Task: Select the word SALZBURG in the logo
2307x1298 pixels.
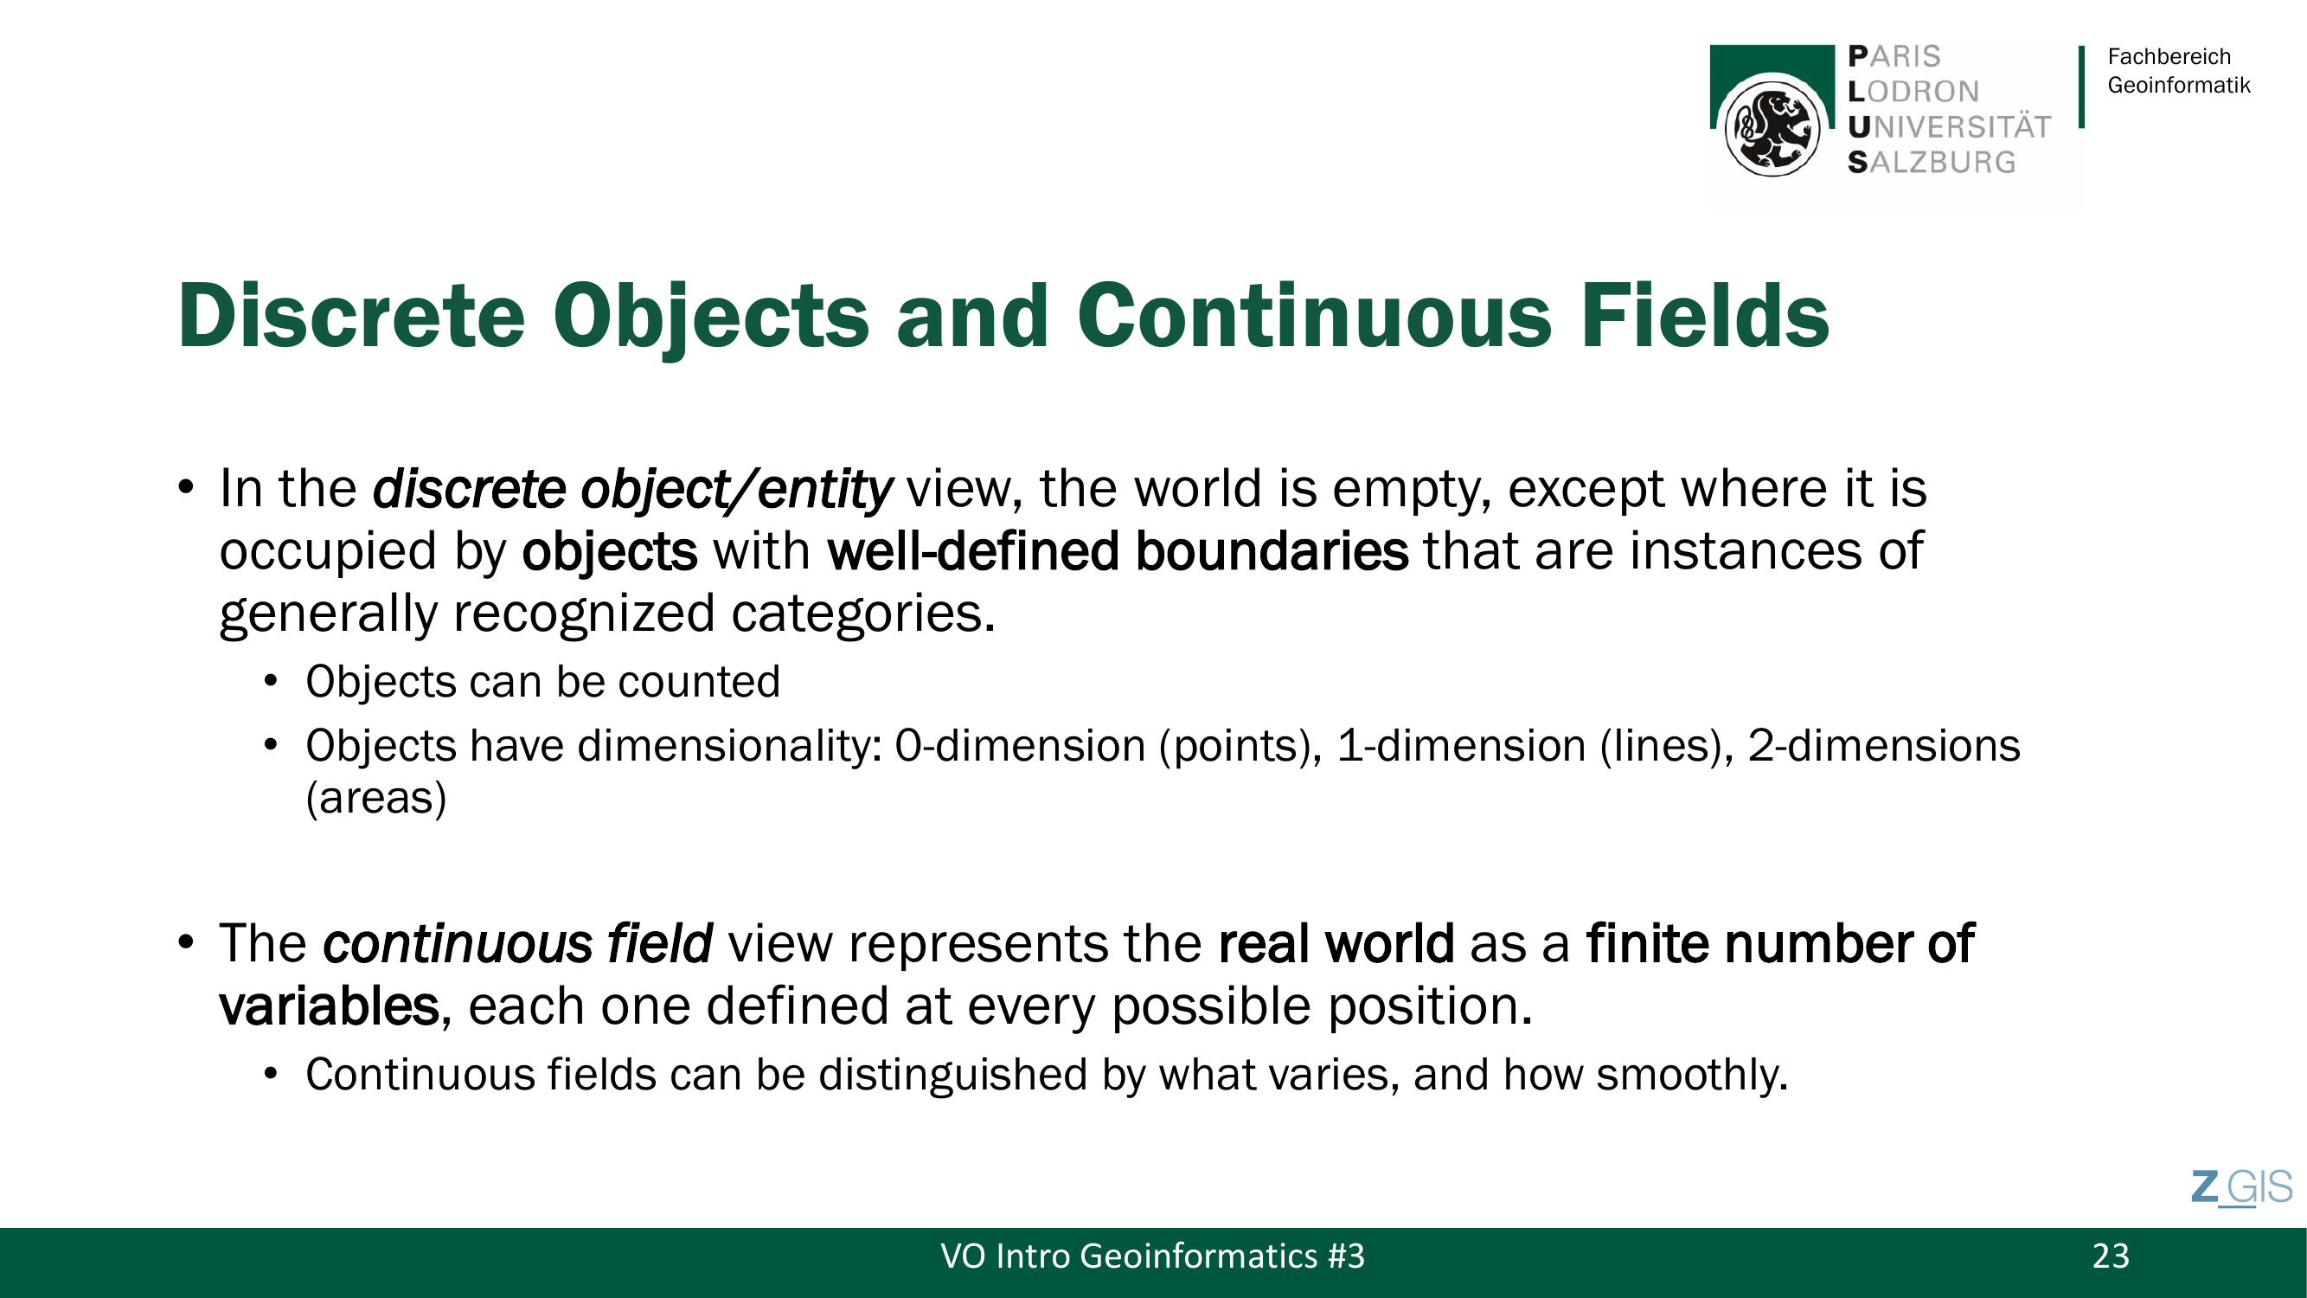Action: click(x=1932, y=162)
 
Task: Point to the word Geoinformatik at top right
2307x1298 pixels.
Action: click(x=2178, y=85)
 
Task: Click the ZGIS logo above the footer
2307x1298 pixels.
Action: click(x=2241, y=1188)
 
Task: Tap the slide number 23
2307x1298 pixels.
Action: click(x=2111, y=1256)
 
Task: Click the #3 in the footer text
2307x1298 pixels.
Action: click(x=1346, y=1256)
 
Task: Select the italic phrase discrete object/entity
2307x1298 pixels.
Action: click(x=632, y=490)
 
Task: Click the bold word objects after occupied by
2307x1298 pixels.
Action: click(x=610, y=551)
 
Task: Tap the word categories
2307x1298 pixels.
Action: click(x=862, y=614)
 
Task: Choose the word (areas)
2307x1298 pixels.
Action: click(x=376, y=798)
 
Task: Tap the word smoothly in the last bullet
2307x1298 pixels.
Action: click(x=1691, y=1075)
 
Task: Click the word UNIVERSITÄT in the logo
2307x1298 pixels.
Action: click(x=1949, y=127)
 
